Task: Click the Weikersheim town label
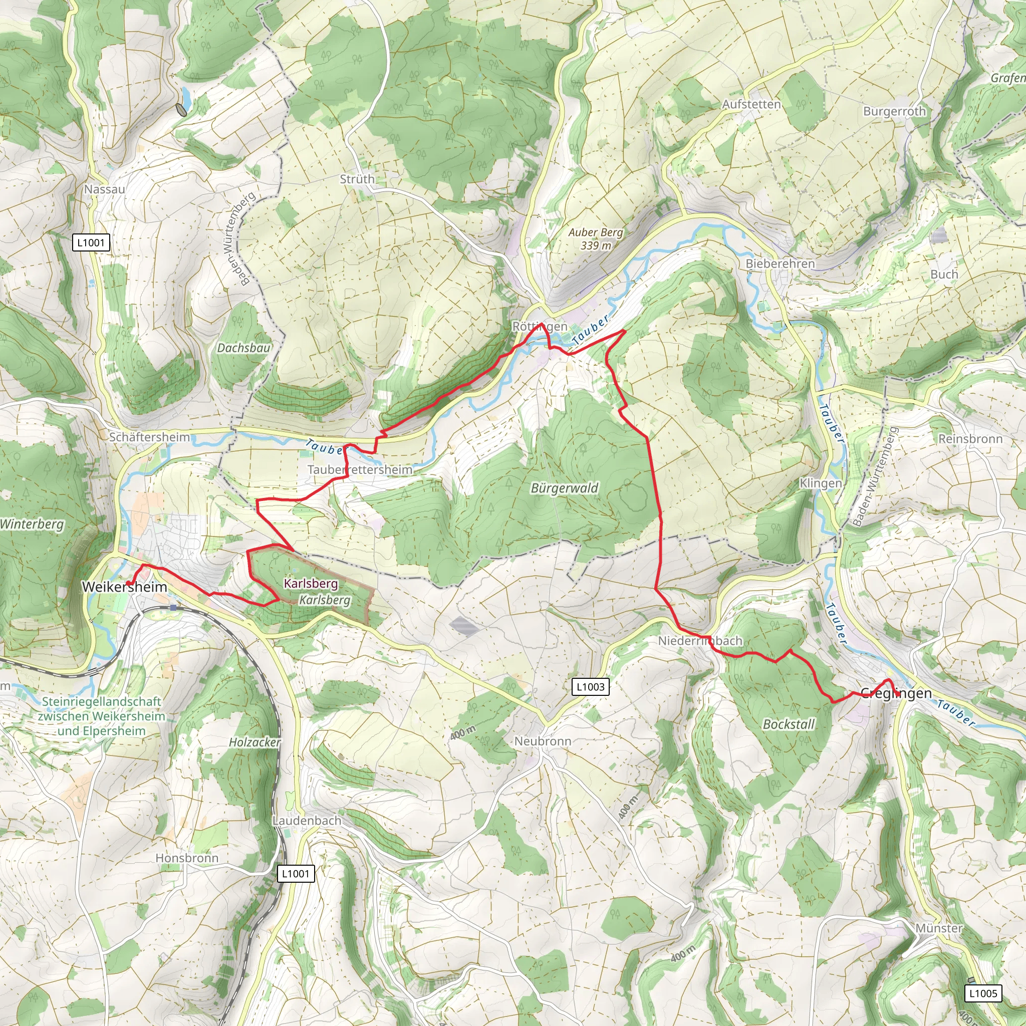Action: [x=124, y=587]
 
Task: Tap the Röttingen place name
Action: [x=540, y=327]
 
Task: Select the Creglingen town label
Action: [x=895, y=693]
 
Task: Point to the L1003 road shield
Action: [x=591, y=687]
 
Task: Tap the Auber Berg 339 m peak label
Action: [x=595, y=239]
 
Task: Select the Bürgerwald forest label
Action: [x=564, y=488]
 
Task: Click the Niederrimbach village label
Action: [x=700, y=640]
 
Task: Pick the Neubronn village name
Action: [x=542, y=741]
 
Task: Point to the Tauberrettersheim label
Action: [x=360, y=469]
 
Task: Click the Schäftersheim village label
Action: [x=149, y=437]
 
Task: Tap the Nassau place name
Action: [x=105, y=189]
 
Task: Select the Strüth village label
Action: [x=357, y=179]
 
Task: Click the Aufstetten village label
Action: [x=751, y=104]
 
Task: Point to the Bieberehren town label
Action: [x=780, y=264]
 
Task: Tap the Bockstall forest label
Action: [x=788, y=724]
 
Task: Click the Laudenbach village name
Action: [x=307, y=821]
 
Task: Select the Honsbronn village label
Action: [x=186, y=858]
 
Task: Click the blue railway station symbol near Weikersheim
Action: [x=173, y=607]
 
